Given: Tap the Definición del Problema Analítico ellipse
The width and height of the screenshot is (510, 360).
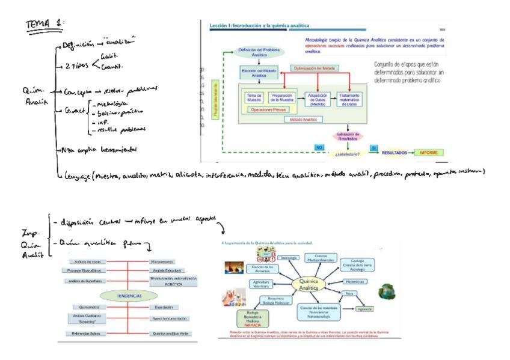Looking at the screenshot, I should coord(259,52).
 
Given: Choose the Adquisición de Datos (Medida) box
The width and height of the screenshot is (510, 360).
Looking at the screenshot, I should coord(316,99).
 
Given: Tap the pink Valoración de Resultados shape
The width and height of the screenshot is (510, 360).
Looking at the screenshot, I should coord(348,136).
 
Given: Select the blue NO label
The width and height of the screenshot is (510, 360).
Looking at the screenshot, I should coord(320,147).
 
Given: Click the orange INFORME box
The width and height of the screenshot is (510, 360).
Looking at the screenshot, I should coord(432,153).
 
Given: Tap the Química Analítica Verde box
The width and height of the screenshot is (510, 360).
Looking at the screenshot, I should coord(172,333).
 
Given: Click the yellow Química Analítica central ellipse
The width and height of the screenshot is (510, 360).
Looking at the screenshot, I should coord(311,285).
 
